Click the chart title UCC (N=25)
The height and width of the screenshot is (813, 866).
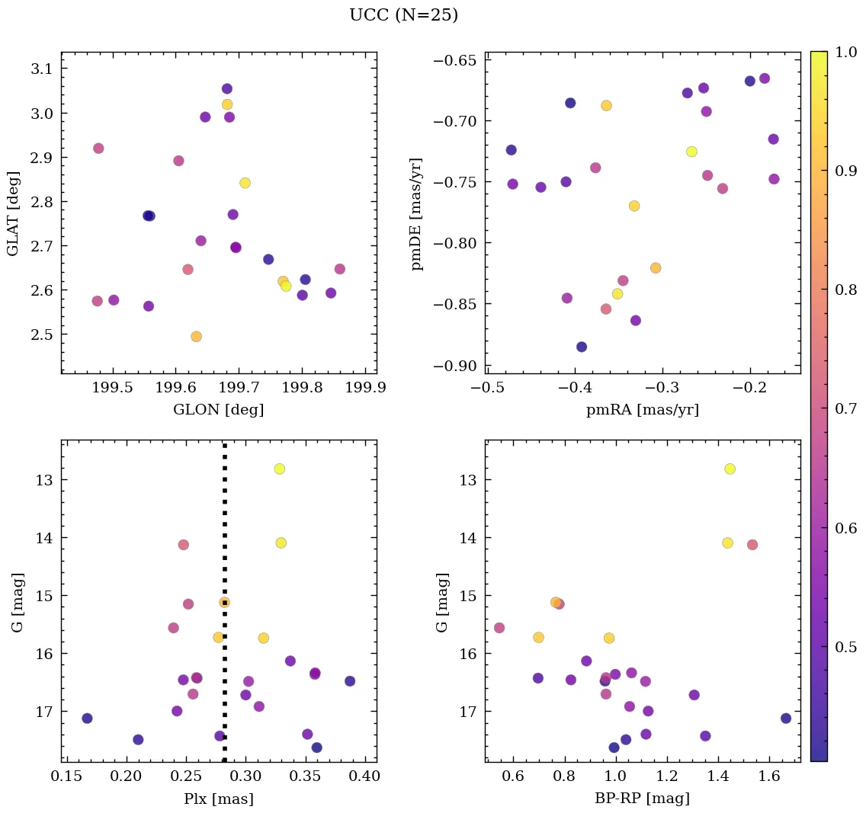click(x=403, y=15)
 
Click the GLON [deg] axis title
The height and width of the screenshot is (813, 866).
click(x=219, y=410)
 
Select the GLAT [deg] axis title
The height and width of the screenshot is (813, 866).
click(x=13, y=213)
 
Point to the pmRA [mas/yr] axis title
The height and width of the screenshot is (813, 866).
click(x=643, y=410)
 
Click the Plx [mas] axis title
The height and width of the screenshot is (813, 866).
click(x=219, y=799)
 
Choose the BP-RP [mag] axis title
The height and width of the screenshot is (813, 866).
click(x=643, y=799)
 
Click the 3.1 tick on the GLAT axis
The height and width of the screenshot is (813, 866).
click(x=40, y=69)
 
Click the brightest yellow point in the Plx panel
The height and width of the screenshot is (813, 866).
click(x=279, y=469)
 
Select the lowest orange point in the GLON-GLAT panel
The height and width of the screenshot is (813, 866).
click(x=196, y=336)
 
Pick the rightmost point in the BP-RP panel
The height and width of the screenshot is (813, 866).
click(x=786, y=718)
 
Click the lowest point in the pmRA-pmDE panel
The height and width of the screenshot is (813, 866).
click(x=582, y=347)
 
